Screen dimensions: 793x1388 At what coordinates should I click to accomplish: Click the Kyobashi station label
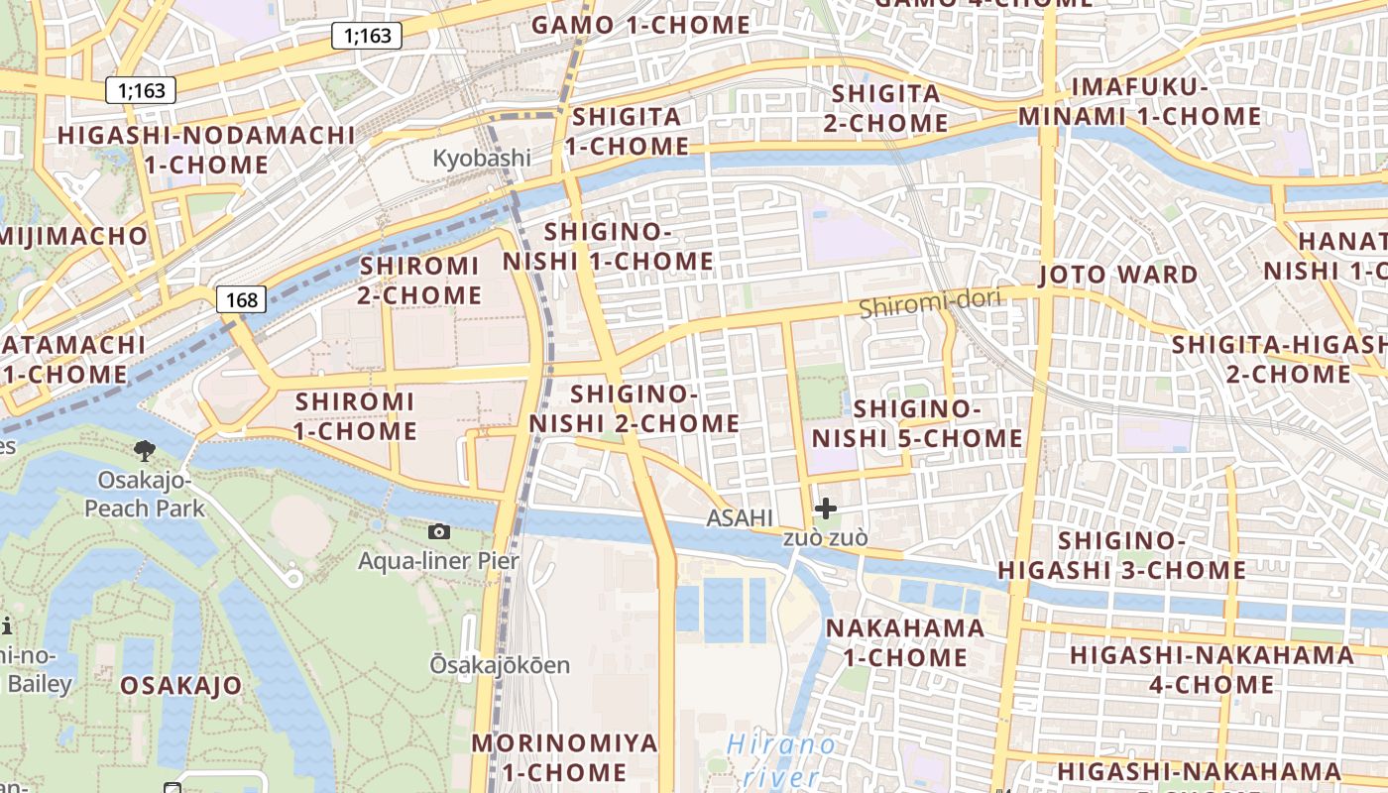(x=482, y=158)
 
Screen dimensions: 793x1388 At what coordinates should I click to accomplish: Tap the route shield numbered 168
(x=241, y=299)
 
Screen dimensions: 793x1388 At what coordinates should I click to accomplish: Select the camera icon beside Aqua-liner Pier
(x=439, y=532)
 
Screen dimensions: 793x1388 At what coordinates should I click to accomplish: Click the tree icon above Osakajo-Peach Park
(x=145, y=451)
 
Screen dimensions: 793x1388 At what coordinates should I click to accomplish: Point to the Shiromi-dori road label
(x=930, y=303)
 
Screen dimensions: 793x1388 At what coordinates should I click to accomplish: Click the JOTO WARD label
(x=1118, y=275)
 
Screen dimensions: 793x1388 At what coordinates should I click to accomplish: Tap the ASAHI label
(x=740, y=517)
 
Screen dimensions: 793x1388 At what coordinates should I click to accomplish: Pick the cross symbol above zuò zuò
(x=825, y=510)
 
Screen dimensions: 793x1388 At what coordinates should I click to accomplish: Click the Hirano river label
(x=781, y=759)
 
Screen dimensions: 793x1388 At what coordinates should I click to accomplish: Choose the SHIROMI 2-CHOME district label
(x=420, y=281)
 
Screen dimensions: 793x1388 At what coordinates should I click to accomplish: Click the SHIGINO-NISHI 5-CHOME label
(x=917, y=423)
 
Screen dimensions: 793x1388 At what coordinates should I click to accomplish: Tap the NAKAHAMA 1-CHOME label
(x=905, y=642)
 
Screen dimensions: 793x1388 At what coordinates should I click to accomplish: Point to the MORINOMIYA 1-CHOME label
(x=564, y=757)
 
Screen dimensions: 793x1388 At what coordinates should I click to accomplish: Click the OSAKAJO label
(x=181, y=685)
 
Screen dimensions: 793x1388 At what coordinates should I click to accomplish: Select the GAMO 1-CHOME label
(x=640, y=26)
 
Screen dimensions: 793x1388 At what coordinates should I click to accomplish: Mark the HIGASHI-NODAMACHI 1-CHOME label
(x=206, y=150)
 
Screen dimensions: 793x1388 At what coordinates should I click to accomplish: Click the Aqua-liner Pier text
(x=438, y=561)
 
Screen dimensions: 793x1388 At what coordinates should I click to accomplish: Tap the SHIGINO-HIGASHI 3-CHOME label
(x=1121, y=555)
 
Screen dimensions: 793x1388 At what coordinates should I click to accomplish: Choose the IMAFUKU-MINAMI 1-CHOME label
(x=1140, y=102)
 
